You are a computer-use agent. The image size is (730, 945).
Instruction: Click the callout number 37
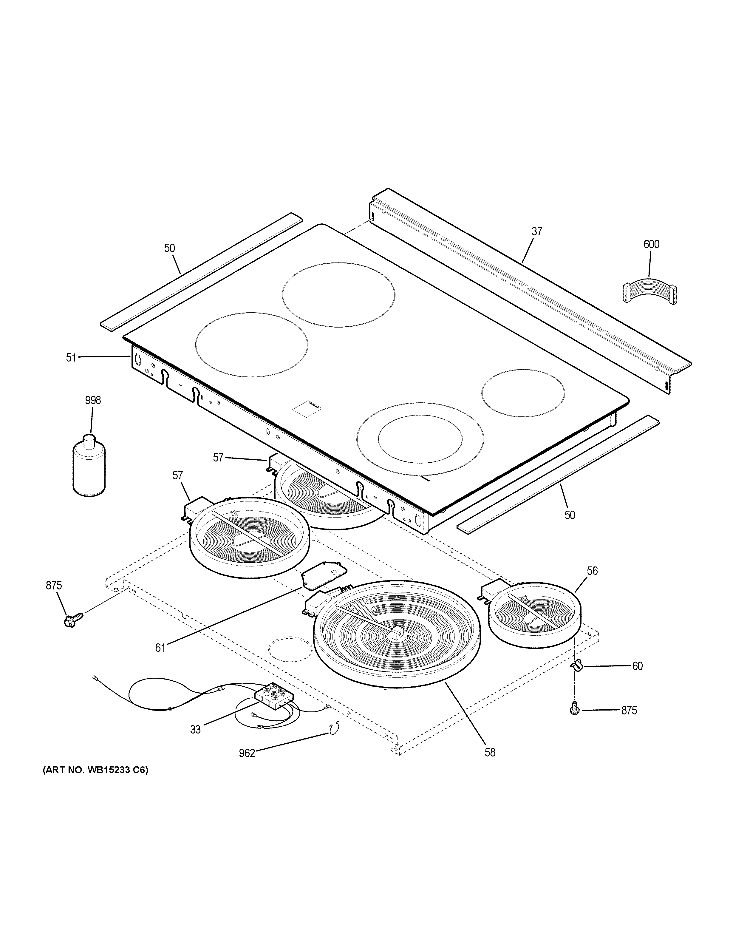point(537,231)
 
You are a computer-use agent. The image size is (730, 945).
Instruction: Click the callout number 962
point(247,753)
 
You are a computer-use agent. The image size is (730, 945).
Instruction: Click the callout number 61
point(160,660)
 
